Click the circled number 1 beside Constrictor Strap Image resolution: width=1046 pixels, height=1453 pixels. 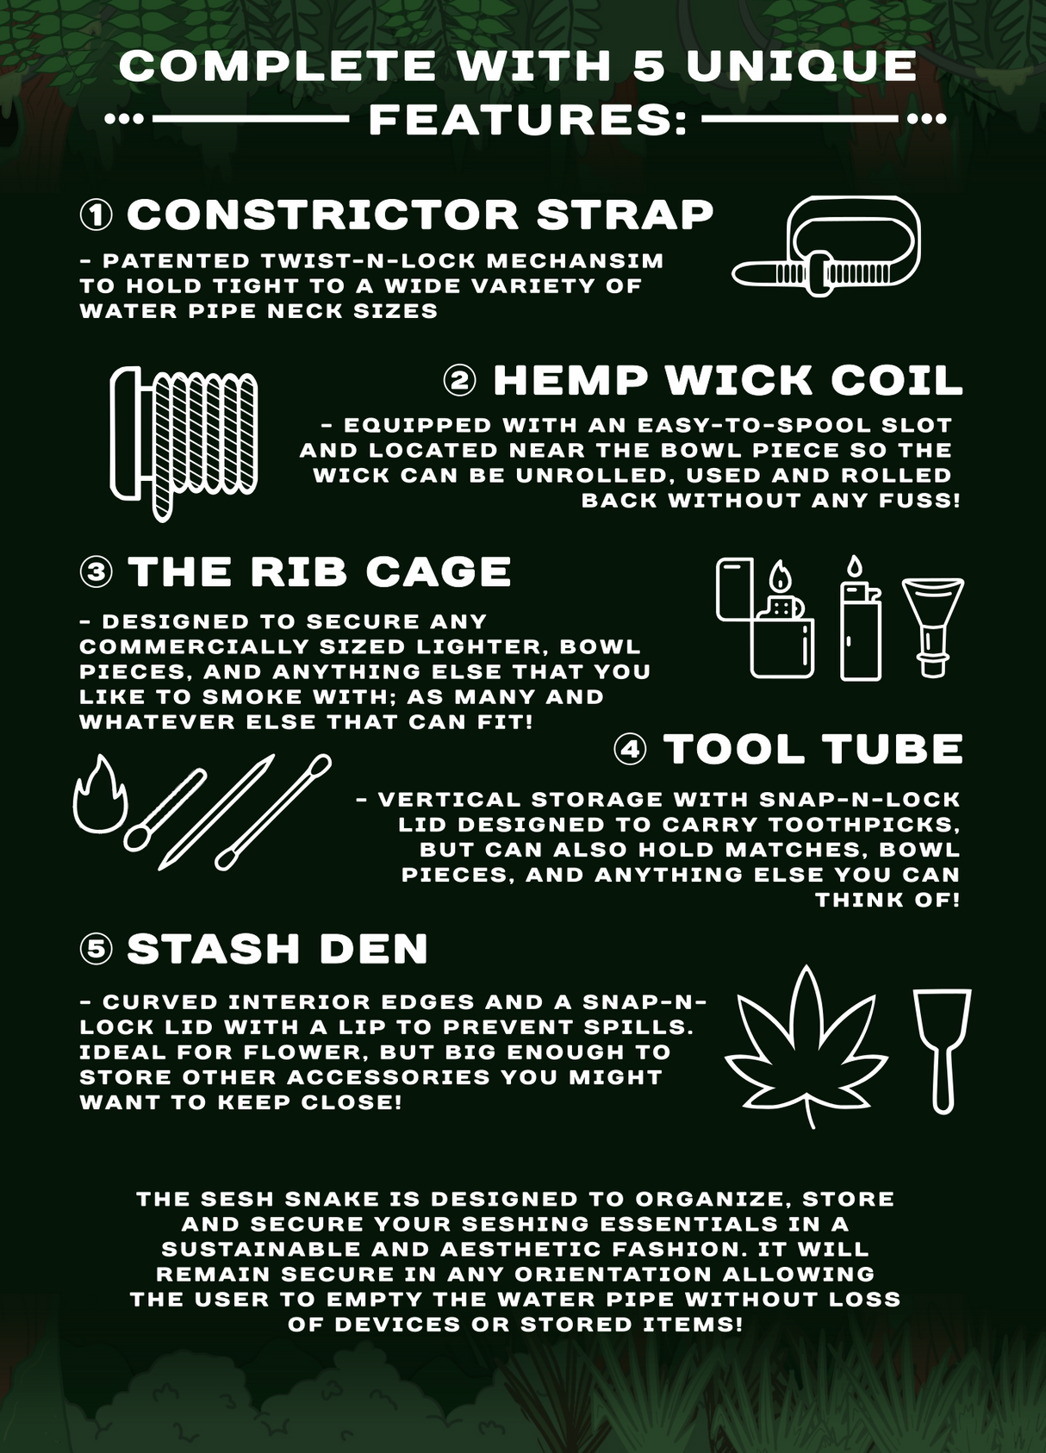pyautogui.click(x=97, y=215)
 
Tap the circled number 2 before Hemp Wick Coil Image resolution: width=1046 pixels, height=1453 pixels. pyautogui.click(x=459, y=381)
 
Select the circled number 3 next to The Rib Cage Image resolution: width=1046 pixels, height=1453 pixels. pyautogui.click(x=97, y=572)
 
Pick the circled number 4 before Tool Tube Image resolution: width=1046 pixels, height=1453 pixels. pyautogui.click(x=631, y=749)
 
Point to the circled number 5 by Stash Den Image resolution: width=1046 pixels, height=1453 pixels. pyautogui.click(x=97, y=949)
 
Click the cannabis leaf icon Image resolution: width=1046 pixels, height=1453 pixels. pyautogui.click(x=806, y=1046)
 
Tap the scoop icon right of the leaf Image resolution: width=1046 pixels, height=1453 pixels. pyautogui.click(x=942, y=1050)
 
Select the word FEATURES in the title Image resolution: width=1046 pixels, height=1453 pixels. pyautogui.click(x=527, y=120)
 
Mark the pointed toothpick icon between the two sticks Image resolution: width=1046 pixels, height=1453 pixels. pyautogui.click(x=217, y=812)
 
